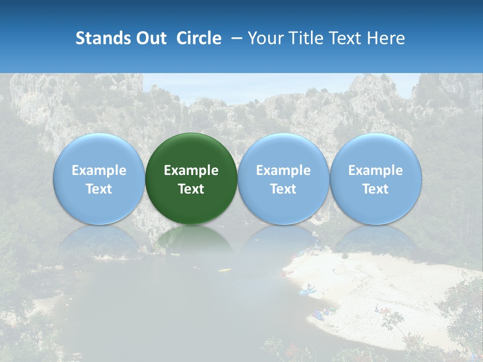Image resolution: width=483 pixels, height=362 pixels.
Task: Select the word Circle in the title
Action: [x=199, y=38]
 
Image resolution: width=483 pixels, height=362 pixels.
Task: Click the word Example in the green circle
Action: [x=191, y=170]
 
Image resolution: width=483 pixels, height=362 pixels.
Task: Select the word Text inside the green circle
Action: [x=191, y=189]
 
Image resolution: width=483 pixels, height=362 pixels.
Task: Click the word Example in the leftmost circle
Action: [x=99, y=170]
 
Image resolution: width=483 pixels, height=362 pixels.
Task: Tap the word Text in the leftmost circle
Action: [x=99, y=189]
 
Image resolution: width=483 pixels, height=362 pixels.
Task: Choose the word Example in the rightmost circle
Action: [x=375, y=170]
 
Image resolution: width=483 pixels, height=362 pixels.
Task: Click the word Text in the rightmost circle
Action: [x=375, y=189]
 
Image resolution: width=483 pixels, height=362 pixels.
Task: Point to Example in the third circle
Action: [x=283, y=170]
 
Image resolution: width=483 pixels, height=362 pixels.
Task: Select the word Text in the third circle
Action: [x=283, y=189]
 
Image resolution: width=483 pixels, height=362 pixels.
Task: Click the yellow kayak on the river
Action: [x=224, y=270]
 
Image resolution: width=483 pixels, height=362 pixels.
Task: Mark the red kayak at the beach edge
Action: [x=289, y=273]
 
